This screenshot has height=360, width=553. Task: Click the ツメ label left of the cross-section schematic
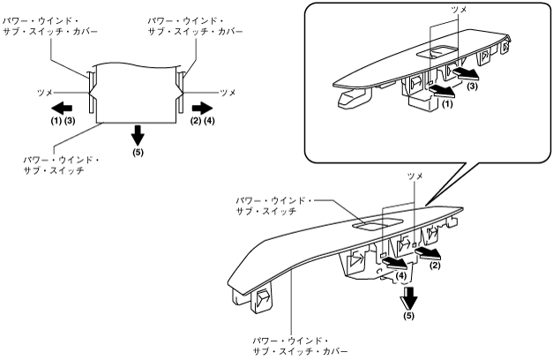pyautogui.click(x=44, y=91)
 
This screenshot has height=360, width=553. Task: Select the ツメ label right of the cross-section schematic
pyautogui.click(x=228, y=91)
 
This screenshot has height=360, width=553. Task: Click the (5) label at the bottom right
pyautogui.click(x=408, y=315)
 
